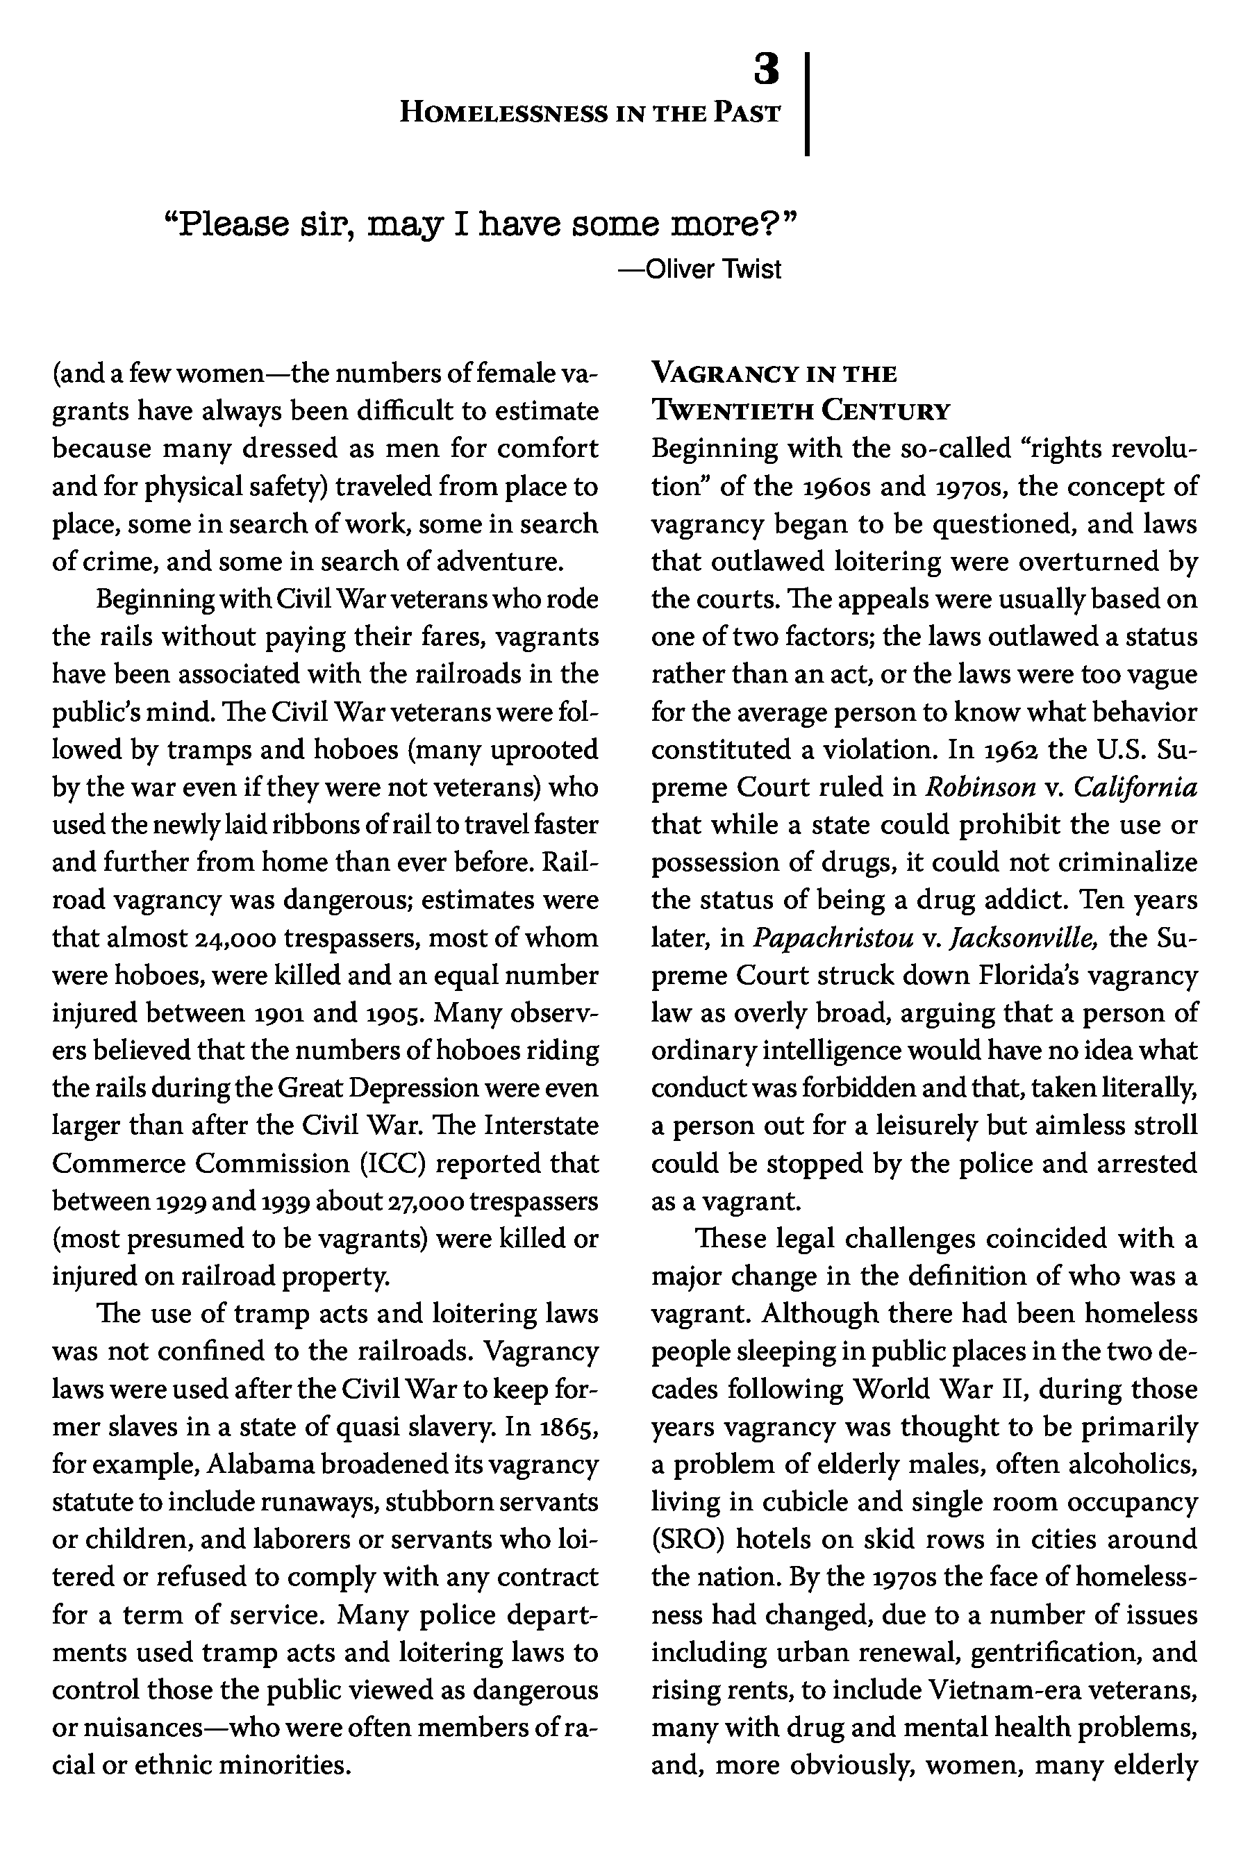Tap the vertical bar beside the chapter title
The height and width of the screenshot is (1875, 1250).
click(x=808, y=103)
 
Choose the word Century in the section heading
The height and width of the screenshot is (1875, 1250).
click(x=887, y=411)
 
